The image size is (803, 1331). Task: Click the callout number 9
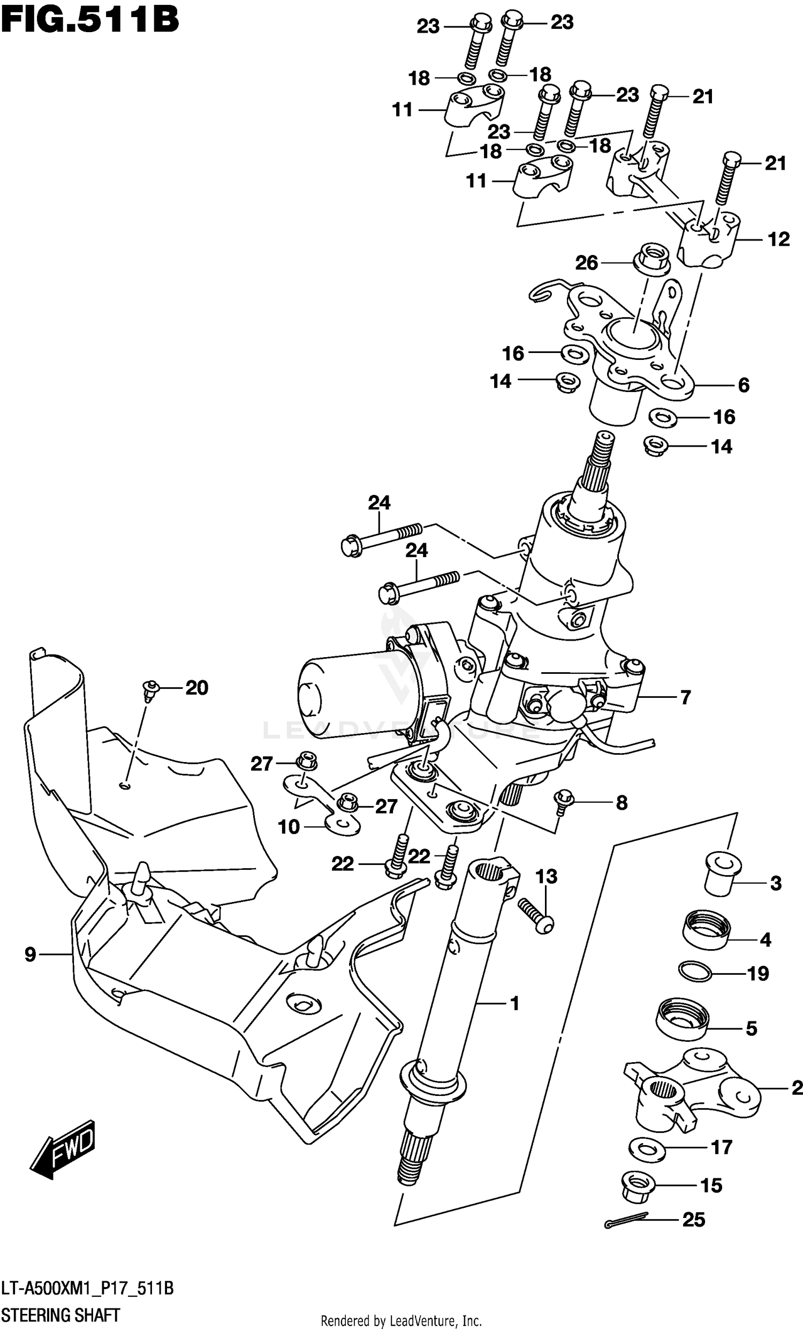point(31,954)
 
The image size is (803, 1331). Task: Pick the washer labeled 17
point(647,1147)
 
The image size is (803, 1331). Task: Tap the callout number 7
point(685,697)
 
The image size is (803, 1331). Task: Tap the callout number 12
point(778,239)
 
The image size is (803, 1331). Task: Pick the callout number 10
point(289,826)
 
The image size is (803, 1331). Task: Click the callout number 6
point(743,385)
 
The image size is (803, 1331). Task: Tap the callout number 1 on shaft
point(514,1003)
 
